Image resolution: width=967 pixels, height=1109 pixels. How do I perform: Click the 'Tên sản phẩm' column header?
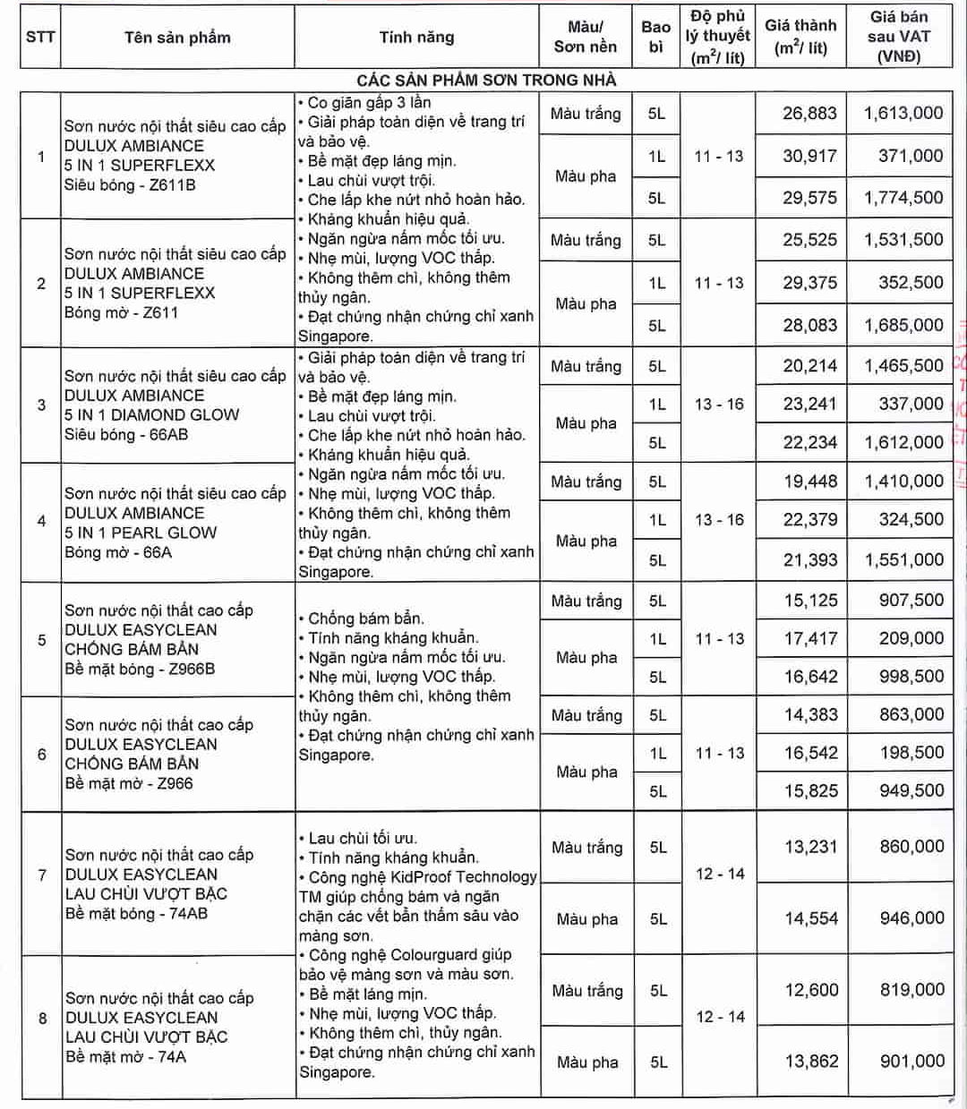point(177,38)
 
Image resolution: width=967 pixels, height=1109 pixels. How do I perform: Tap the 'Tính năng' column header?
point(416,38)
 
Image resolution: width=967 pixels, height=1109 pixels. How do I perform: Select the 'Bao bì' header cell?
point(655,37)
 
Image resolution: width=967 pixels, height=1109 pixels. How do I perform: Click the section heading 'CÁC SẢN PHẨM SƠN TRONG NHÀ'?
point(486,80)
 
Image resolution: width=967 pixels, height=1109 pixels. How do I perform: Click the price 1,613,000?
point(903,113)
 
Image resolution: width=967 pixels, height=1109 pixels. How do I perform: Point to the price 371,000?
point(911,156)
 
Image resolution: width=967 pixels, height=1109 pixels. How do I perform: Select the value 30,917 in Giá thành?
point(809,156)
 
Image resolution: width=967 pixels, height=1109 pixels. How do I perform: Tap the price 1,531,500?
point(903,240)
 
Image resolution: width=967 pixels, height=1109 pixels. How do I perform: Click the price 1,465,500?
point(903,365)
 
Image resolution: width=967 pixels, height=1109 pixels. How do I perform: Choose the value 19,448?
point(810,482)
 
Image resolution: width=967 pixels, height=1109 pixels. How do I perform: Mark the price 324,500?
point(911,520)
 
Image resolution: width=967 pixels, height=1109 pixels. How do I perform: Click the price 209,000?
point(911,638)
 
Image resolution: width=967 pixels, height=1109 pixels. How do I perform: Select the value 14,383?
point(810,714)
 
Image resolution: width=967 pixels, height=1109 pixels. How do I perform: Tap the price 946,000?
point(911,917)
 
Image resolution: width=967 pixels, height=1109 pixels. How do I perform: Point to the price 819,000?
point(911,989)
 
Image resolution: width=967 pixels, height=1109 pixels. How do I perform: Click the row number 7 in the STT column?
point(41,874)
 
